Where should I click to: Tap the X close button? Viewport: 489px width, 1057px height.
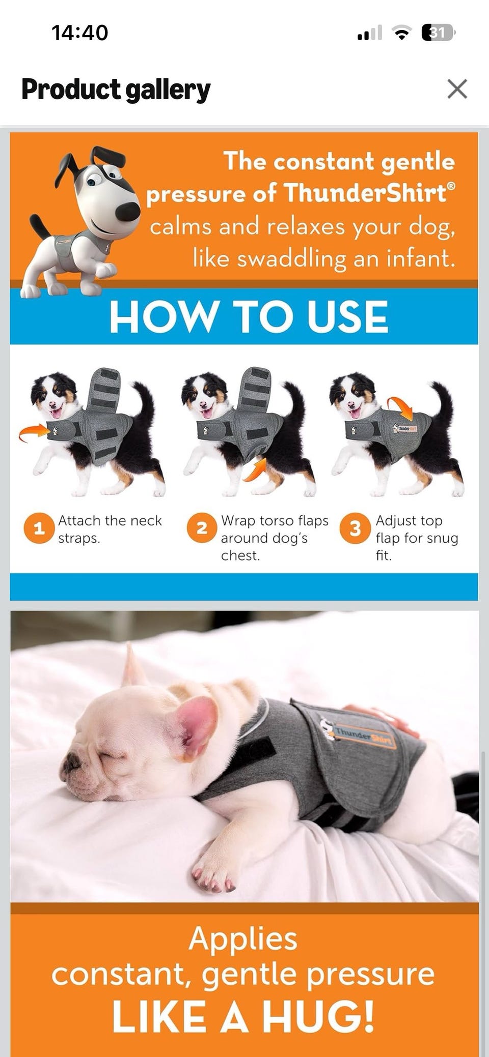coord(457,89)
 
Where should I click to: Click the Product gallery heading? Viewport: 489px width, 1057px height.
coord(116,90)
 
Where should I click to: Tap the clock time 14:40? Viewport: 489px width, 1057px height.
coord(80,33)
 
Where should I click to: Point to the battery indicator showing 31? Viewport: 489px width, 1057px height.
coord(438,33)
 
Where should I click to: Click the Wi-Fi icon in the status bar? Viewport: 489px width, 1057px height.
coord(402,34)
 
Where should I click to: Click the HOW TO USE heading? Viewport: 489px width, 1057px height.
coord(249,316)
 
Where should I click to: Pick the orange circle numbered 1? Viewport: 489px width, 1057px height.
coord(39,528)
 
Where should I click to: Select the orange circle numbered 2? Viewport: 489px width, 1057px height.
coord(202,528)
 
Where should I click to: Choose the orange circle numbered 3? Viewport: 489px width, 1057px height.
coord(355,528)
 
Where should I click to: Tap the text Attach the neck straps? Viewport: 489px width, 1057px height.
coord(110,529)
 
